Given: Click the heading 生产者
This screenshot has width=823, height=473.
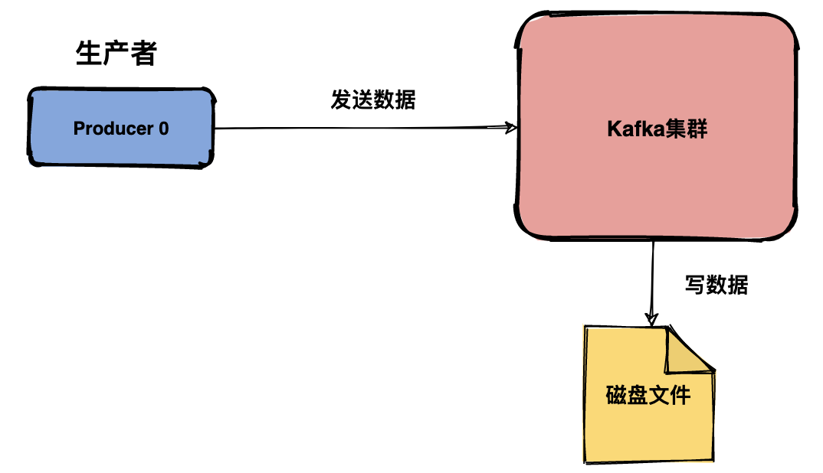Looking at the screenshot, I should coord(116,54).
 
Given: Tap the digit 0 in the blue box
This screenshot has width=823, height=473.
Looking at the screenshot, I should coord(163,129).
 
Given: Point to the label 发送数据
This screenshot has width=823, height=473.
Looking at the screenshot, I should coord(372,100).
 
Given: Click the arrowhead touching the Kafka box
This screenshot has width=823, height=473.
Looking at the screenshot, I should coord(510,128).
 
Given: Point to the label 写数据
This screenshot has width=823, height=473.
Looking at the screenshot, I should coord(716,285).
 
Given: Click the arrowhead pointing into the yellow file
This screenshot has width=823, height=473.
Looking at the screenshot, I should coord(652,317).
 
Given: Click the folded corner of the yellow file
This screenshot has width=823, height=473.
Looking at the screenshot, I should coord(688,351).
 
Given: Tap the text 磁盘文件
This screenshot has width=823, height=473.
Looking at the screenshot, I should coord(648,396).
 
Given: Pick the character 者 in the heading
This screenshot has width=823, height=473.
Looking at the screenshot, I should coord(144,54).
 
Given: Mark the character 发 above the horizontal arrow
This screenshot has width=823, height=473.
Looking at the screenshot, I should coord(341,100).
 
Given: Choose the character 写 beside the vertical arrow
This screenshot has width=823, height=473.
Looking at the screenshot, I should coord(694,285).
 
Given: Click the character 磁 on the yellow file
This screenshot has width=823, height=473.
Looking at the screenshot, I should coord(616,396).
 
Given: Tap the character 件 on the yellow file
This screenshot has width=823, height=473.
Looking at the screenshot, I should coord(680,396).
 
